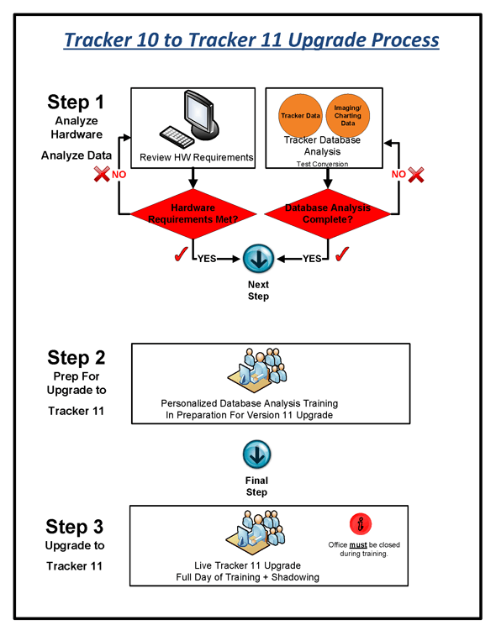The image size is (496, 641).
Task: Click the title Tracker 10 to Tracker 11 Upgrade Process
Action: [x=251, y=39]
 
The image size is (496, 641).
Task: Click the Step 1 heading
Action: [x=76, y=102]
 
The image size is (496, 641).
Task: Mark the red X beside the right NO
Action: [x=415, y=175]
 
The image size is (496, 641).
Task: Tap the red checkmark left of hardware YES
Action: [x=179, y=255]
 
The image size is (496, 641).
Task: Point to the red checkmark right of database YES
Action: [x=341, y=255]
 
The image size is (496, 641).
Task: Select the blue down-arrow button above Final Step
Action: [x=256, y=456]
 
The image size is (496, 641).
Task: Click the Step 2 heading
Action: [x=76, y=356]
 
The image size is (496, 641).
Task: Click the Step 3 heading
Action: [x=76, y=527]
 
